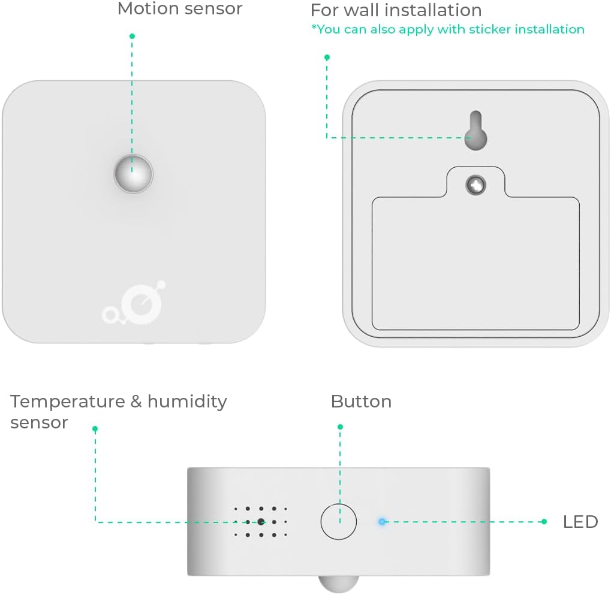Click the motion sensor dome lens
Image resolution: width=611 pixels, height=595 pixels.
point(134,174)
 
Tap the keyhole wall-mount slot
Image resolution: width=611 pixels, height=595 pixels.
point(475,131)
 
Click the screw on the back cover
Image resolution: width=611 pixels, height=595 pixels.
point(476,185)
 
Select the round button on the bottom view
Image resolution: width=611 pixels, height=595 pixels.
point(338,521)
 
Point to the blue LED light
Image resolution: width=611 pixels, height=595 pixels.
point(382,521)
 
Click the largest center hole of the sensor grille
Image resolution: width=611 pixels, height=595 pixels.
point(261,521)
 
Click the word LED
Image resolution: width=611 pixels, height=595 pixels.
point(580,522)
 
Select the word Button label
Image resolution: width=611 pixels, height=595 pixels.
point(361,401)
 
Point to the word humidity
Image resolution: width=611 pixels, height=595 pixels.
point(187,401)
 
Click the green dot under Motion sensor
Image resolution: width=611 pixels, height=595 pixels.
point(132,36)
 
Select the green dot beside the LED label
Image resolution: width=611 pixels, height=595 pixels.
point(544,521)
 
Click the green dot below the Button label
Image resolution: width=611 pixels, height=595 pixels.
point(340,427)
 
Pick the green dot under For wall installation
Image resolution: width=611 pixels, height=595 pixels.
point(327,58)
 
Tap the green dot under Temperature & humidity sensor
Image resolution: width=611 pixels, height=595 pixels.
point(95,428)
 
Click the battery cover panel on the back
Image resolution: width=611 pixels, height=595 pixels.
point(475,264)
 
